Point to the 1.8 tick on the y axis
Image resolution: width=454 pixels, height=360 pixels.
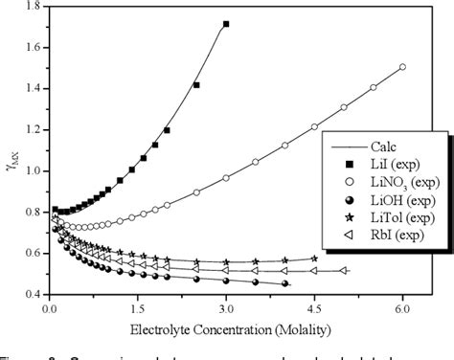click(x=35, y=6)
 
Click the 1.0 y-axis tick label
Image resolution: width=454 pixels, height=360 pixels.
click(x=35, y=170)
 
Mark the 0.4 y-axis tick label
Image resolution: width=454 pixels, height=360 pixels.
click(x=35, y=294)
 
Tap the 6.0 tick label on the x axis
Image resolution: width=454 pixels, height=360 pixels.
click(x=402, y=310)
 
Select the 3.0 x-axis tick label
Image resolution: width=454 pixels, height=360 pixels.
click(x=226, y=310)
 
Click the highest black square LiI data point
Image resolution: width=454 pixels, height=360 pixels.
click(x=226, y=23)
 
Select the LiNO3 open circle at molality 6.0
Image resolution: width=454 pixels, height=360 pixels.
click(x=402, y=67)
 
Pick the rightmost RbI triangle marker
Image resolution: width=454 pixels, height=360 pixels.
click(x=344, y=271)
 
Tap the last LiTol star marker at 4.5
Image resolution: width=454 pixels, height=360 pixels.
click(x=314, y=259)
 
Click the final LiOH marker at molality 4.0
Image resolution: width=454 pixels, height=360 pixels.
click(x=285, y=283)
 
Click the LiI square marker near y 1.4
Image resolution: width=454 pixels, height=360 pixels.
click(x=196, y=85)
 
